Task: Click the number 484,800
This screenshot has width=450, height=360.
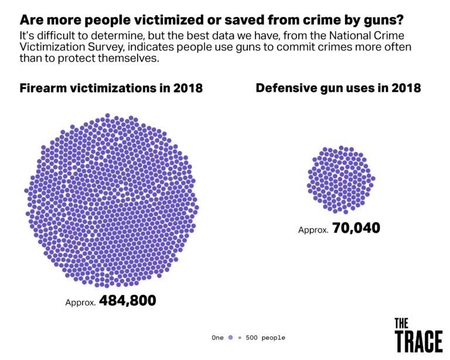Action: pos(127,301)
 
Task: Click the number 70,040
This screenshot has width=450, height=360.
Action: pos(356,227)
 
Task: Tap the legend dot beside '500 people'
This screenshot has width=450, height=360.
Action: pos(231,338)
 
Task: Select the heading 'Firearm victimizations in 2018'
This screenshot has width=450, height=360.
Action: pos(111,89)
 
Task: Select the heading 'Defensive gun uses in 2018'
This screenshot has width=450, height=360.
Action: pos(338,88)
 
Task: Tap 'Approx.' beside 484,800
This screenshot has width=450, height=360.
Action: pos(80,303)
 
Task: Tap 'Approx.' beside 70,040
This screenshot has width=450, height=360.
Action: pos(313,230)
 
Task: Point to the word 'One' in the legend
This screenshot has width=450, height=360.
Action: pos(218,338)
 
